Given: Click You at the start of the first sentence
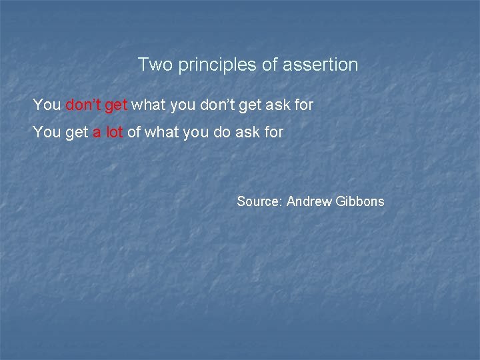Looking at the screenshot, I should [47, 105].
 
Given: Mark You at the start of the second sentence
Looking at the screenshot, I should [47, 132].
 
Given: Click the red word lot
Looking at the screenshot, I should [114, 132].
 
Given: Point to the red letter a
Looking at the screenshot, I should [97, 133].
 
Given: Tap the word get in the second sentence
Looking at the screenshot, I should [77, 133].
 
